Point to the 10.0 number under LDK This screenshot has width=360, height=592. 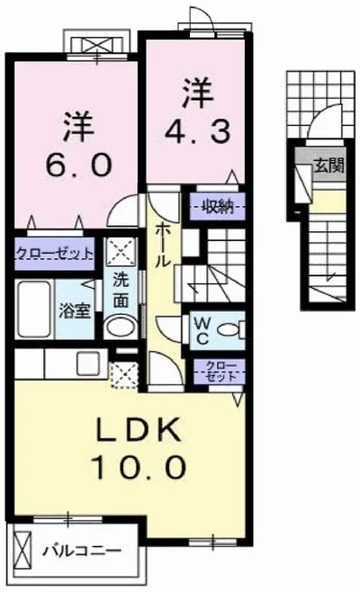point(139,468)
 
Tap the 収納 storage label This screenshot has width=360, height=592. point(217,205)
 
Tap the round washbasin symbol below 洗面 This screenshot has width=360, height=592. point(118,326)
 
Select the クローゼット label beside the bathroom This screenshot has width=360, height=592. point(53,254)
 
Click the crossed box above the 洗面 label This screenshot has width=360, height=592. point(119,249)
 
